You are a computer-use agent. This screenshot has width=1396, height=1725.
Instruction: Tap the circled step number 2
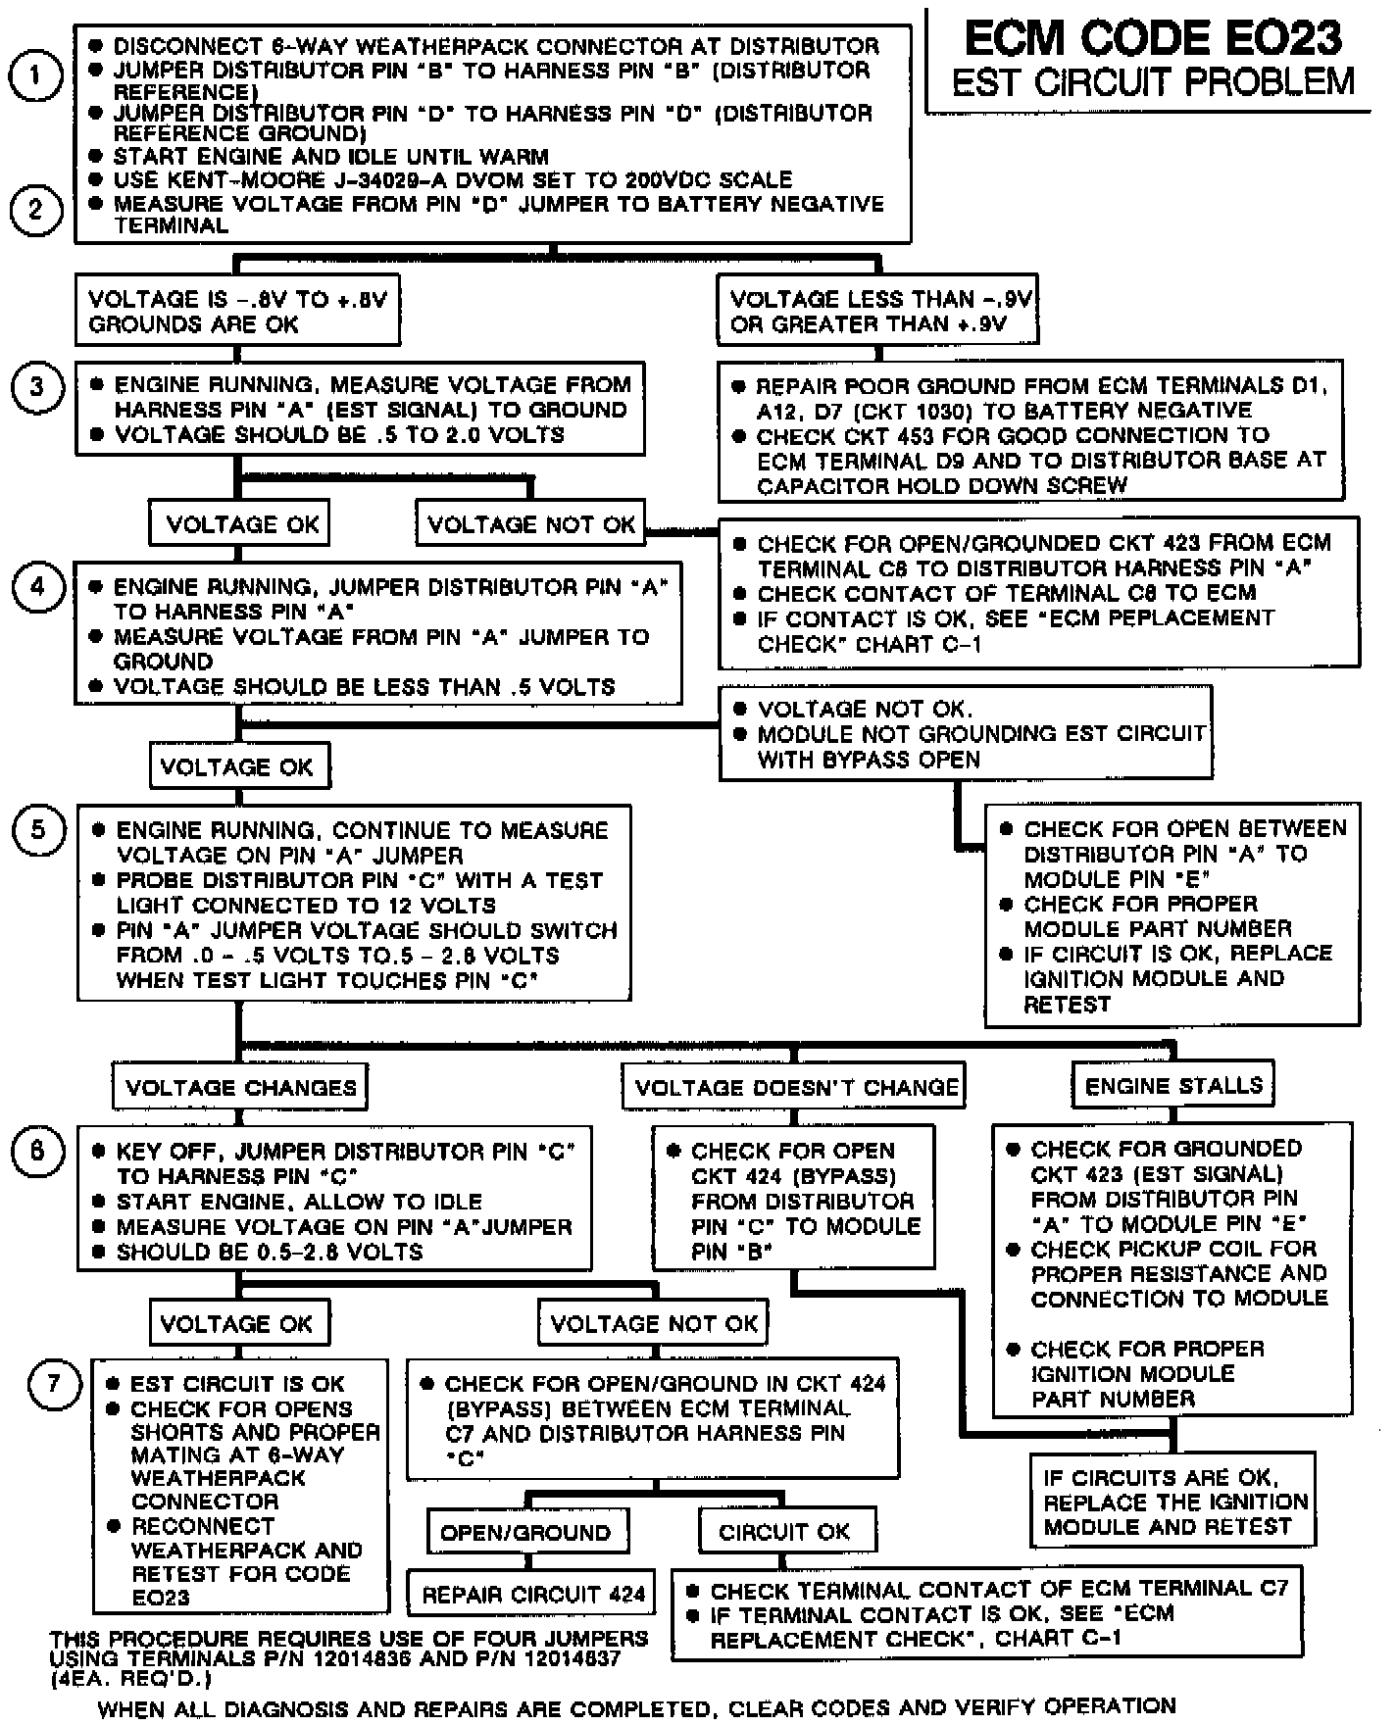tap(36, 210)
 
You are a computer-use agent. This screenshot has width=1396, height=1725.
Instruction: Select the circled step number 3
tap(37, 386)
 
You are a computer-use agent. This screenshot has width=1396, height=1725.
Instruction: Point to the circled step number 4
tap(37, 587)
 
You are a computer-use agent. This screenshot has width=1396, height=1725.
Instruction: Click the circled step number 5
tap(37, 830)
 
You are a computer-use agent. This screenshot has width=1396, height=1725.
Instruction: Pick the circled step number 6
tap(37, 1150)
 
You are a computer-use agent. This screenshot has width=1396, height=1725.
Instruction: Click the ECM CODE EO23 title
tap(1153, 39)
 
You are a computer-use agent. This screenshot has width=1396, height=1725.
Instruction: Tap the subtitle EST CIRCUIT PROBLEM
tap(1153, 82)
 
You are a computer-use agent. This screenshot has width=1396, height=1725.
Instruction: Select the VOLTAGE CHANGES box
tap(240, 1087)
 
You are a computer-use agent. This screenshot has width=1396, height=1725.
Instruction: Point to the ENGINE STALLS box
tap(1173, 1085)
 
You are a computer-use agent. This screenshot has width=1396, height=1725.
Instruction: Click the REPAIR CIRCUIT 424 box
tap(533, 1595)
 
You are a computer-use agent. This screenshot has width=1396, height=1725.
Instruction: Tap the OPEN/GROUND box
tap(525, 1532)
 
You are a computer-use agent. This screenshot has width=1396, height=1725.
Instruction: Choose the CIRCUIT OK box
tap(784, 1532)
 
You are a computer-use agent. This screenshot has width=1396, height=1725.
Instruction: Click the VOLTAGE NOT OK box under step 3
tap(531, 524)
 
